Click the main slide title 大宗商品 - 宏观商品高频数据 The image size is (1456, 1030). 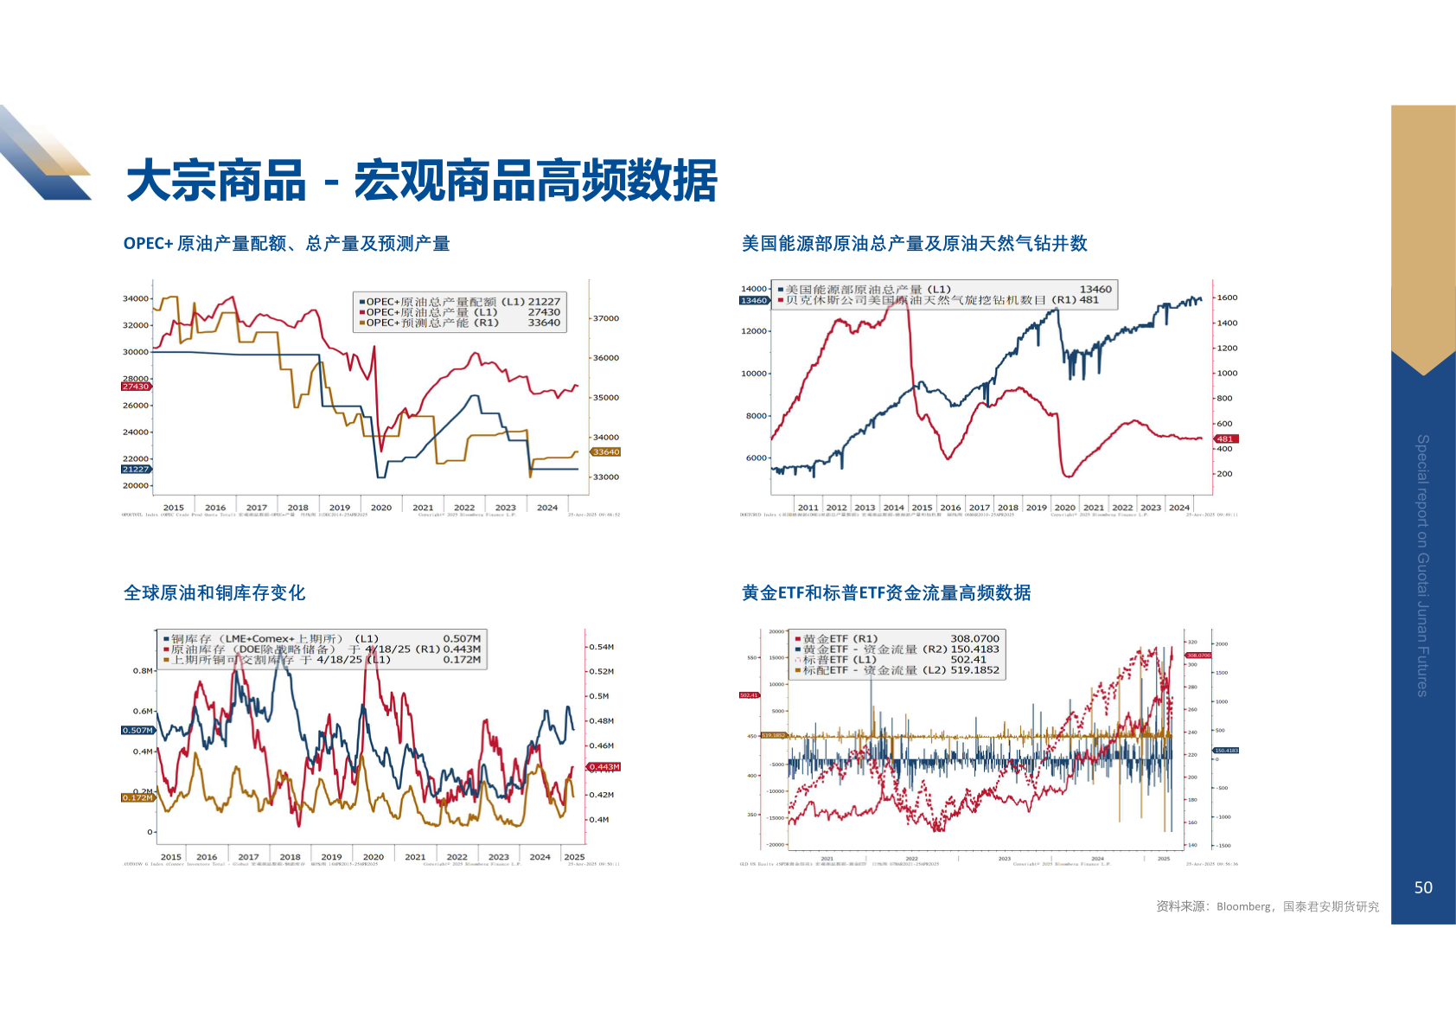[x=422, y=181]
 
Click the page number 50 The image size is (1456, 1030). [x=1423, y=887]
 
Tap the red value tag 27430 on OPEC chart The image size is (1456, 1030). [x=136, y=387]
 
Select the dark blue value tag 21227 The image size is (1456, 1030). [x=136, y=469]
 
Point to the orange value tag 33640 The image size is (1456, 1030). [x=606, y=452]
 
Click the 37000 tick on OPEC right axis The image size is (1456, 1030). [x=606, y=318]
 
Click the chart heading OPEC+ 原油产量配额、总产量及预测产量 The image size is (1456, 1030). [x=286, y=244]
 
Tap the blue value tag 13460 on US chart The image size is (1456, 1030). [x=753, y=300]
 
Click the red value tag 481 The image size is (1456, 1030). [x=1226, y=438]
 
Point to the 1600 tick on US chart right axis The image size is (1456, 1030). [x=1227, y=297]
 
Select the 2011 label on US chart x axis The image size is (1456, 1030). [x=808, y=508]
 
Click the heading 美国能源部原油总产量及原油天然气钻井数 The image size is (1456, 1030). [x=914, y=244]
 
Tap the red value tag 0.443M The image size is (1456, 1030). [x=604, y=767]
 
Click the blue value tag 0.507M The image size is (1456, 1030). [x=137, y=731]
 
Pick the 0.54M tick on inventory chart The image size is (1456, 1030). [x=602, y=647]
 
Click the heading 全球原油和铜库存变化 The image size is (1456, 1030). [x=214, y=593]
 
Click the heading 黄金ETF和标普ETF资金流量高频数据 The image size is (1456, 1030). [x=886, y=593]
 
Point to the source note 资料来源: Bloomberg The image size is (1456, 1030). [x=1267, y=906]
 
